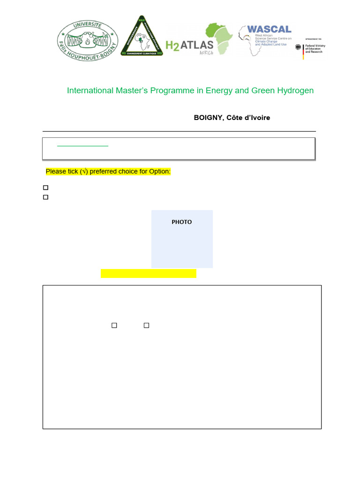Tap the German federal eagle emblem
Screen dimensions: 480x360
299,47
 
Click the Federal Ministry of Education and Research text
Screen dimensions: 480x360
315,48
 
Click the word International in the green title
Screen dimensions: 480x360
90,90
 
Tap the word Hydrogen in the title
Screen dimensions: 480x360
295,90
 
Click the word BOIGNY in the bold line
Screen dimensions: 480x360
208,118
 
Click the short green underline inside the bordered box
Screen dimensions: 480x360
82,146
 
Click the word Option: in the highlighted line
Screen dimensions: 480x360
160,172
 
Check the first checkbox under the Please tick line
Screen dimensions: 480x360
46,187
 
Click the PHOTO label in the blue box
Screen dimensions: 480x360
181,222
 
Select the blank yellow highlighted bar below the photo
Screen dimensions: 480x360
148,273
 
